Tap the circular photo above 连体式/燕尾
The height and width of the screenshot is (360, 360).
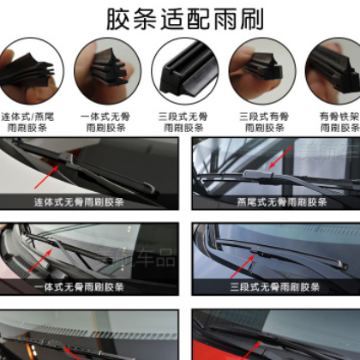(30, 69)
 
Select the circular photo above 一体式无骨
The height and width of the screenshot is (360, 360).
(106, 69)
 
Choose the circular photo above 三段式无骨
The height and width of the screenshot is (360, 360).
(181, 69)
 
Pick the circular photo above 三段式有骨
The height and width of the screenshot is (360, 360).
(255, 69)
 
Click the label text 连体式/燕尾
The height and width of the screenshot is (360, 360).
(30, 115)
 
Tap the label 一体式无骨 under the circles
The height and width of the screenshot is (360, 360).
(106, 115)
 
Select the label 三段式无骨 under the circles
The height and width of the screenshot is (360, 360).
(181, 115)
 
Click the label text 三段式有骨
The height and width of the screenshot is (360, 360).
(255, 115)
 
